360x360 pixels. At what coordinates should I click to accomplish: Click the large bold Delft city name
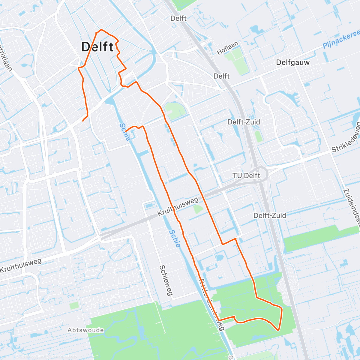pyautogui.click(x=97, y=47)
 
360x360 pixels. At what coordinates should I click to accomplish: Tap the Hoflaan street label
pyautogui.click(x=227, y=48)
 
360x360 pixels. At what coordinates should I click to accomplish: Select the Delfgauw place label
pyautogui.click(x=293, y=62)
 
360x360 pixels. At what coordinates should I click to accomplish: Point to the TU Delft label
pyautogui.click(x=246, y=175)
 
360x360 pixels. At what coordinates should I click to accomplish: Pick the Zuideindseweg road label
pyautogui.click(x=352, y=210)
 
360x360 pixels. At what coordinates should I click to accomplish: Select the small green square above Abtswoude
pyautogui.click(x=74, y=305)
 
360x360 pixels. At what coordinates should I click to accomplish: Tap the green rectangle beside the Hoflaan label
pyautogui.click(x=237, y=60)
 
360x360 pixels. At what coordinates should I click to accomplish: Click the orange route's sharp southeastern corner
pyautogui.click(x=279, y=330)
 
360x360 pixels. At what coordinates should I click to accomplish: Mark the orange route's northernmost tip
pyautogui.click(x=101, y=30)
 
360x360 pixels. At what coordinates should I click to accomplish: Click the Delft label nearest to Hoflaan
pyautogui.click(x=221, y=76)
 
